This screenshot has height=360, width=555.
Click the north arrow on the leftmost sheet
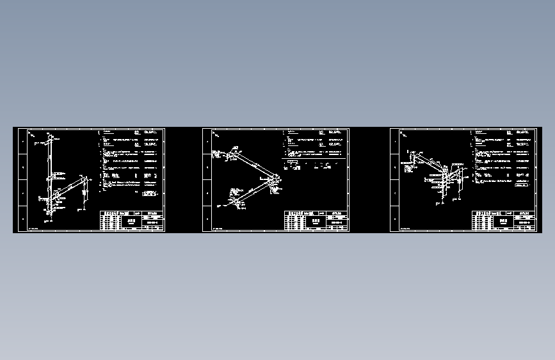coord(31,135)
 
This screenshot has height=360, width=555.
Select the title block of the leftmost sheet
coord(131,220)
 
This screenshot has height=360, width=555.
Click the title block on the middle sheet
coord(316,220)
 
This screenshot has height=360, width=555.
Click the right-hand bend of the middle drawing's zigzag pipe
coord(276,180)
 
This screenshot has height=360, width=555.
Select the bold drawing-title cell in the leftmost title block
coord(133,220)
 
